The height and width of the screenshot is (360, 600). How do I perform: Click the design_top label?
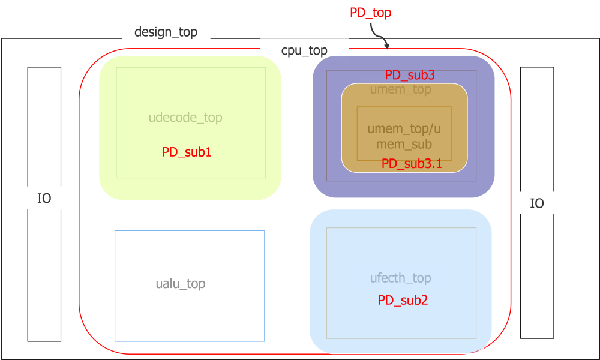point(166,32)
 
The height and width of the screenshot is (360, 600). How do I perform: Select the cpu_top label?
point(304,50)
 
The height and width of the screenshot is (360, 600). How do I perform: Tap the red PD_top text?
point(370,13)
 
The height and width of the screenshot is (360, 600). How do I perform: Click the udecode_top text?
point(185,118)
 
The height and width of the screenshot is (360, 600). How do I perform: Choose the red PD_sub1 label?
point(187,152)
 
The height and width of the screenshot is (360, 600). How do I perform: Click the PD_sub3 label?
point(409,75)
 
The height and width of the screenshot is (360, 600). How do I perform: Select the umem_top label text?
point(400,90)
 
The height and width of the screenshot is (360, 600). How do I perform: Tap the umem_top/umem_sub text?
point(404,136)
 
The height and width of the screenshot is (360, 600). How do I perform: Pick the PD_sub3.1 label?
point(412,164)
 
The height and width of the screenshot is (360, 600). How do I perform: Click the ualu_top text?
point(181,284)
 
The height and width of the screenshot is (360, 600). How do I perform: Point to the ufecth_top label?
point(400,278)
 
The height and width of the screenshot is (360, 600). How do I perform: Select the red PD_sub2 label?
point(403,301)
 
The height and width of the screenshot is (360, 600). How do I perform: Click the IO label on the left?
point(44,199)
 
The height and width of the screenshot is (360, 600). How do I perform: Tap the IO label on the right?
point(536,203)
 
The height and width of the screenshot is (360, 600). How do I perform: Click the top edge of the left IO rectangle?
point(44,67)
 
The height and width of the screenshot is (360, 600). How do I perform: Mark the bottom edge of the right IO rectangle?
point(536,338)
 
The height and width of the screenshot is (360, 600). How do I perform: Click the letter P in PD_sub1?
point(166,152)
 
